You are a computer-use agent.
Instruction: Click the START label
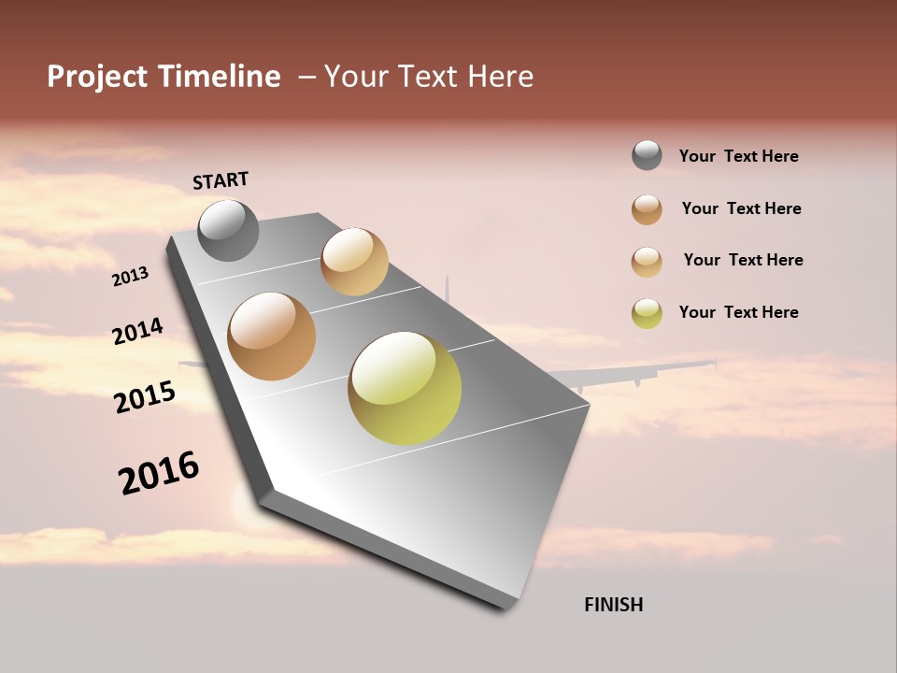point(221,180)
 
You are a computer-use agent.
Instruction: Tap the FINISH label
point(613,605)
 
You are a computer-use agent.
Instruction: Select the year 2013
point(131,276)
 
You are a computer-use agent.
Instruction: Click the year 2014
point(137,331)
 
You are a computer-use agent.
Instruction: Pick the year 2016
point(159,472)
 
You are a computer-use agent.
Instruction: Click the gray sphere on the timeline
point(228,230)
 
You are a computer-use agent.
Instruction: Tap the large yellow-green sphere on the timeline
point(405,388)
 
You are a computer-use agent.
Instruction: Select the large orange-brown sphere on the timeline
point(272,336)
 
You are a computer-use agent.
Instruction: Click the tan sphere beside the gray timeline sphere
point(354,262)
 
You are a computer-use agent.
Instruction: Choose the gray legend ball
point(647,155)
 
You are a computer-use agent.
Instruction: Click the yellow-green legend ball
point(647,312)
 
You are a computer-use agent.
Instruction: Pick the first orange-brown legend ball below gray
point(647,208)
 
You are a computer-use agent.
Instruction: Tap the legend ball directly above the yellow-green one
point(647,261)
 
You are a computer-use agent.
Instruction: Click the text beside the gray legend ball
point(738,156)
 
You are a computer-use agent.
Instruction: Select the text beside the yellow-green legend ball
point(738,312)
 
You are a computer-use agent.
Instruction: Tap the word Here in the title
point(500,77)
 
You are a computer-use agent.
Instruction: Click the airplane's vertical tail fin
point(447,291)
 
